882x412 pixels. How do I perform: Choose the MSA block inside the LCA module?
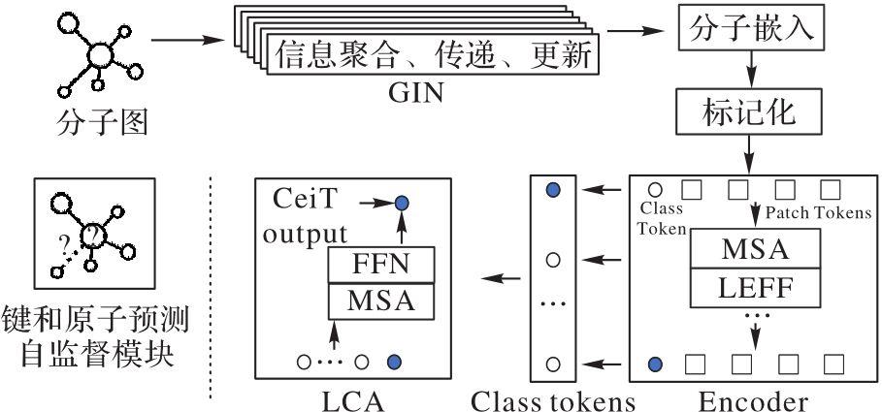(380, 301)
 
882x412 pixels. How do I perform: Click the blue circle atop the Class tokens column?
(554, 190)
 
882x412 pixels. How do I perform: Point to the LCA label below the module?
(352, 397)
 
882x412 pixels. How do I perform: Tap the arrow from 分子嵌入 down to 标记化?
(749, 71)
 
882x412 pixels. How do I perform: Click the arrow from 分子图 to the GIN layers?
(189, 42)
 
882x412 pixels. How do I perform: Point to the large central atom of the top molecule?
(101, 53)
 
